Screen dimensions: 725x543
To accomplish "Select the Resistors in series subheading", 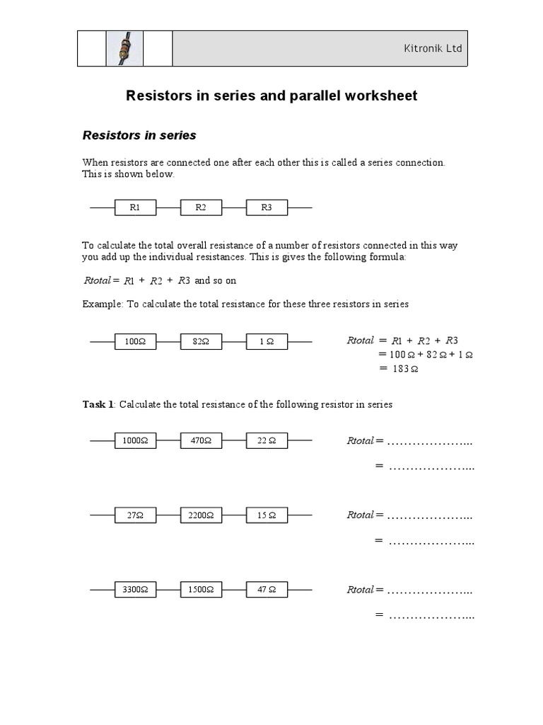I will [139, 135].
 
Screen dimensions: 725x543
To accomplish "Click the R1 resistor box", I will [135, 207].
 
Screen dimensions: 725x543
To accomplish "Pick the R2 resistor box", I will [201, 207].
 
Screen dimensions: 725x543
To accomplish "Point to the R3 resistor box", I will [267, 207].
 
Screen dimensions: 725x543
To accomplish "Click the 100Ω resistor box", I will [135, 341].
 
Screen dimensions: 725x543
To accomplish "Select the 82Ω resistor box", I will [201, 341].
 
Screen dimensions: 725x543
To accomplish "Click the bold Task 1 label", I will [98, 404].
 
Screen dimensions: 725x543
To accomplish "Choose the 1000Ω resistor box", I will [135, 440].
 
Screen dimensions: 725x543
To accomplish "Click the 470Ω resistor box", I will [201, 440].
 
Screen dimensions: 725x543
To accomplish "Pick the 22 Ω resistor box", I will [267, 440].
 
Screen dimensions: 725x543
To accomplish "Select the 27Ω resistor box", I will [135, 515].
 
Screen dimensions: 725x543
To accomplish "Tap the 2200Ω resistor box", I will [201, 515].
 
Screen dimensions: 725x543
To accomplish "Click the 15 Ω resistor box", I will [267, 515].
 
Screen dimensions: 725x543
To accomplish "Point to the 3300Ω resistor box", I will [135, 589].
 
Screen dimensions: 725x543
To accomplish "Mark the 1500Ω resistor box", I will [201, 589].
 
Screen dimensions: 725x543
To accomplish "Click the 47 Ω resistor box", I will [267, 589].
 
